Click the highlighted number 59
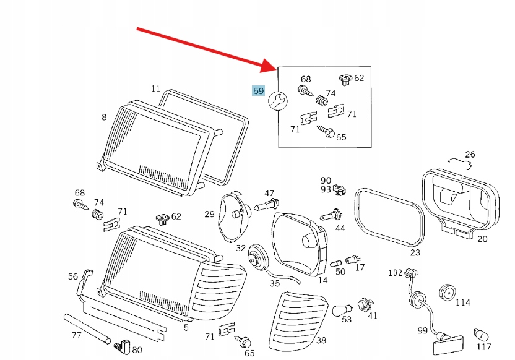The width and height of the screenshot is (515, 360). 258,91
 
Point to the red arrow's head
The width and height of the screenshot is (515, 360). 272,66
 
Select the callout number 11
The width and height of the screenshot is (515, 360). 155,88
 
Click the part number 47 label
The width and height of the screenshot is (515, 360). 269,194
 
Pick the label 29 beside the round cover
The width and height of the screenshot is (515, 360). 209,214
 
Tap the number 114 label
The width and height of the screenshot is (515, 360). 462,303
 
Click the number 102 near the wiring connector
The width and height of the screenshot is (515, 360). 395,272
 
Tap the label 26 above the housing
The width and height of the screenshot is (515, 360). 470,155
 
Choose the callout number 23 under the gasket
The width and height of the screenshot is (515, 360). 414,252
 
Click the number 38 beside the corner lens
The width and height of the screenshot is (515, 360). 321,340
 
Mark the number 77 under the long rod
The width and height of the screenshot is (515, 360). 76,336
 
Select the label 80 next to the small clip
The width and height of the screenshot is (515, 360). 137,349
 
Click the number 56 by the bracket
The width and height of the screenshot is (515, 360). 73,276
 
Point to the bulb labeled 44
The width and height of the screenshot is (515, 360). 329,216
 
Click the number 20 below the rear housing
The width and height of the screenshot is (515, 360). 482,239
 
